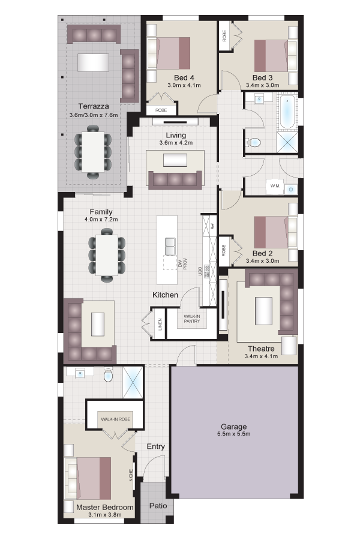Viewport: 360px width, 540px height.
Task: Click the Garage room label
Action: (233, 427)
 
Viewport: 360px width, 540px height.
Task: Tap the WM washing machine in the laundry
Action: (275, 186)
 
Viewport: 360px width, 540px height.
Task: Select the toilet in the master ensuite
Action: (108, 374)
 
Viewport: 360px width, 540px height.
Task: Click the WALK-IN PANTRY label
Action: (191, 319)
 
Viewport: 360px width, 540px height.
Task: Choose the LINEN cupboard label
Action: (160, 325)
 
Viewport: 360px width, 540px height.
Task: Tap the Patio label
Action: (158, 506)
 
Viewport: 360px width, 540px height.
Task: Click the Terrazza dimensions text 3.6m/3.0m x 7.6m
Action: (94, 115)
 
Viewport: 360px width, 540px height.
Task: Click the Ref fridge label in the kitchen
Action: (213, 227)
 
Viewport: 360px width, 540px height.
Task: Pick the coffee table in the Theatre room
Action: (263, 311)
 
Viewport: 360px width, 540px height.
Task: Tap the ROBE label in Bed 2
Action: (224, 250)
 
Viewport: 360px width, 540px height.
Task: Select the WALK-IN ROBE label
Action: (115, 419)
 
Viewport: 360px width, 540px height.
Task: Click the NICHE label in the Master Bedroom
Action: (131, 475)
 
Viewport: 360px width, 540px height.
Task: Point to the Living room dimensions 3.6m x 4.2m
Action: (176, 143)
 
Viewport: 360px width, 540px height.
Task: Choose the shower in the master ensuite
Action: (133, 383)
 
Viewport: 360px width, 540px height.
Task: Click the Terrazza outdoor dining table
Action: (93, 152)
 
